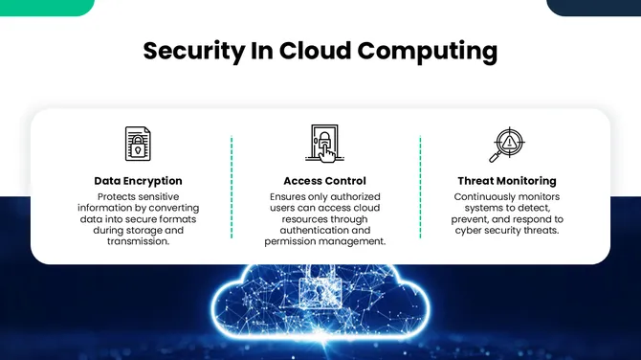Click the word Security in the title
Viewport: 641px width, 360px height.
click(189, 51)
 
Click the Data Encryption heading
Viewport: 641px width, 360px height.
click(138, 180)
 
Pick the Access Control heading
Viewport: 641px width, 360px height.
click(324, 180)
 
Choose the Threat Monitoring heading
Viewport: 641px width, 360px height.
click(507, 180)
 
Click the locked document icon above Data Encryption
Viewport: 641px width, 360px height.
click(138, 143)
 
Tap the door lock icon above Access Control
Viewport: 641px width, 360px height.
click(323, 143)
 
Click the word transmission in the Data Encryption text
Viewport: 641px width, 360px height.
click(138, 241)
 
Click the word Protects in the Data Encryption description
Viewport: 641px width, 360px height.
click(97, 197)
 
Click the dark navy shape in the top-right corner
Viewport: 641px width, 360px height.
click(593, 7)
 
